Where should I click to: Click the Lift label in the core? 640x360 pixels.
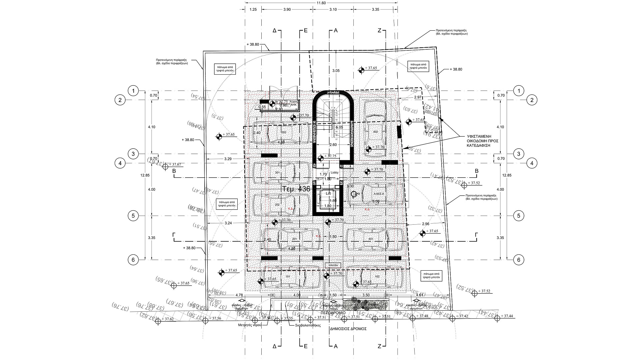point(328,193)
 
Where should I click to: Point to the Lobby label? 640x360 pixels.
point(334,173)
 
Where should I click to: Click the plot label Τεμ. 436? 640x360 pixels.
point(296,189)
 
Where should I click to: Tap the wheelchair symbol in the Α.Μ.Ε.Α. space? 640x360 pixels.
point(354,194)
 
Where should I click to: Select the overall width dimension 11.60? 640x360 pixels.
point(321,3)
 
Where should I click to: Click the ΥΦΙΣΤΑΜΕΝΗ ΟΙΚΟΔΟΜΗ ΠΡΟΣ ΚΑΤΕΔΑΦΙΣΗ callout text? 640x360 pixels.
point(483,141)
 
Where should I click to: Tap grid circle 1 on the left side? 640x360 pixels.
point(133,91)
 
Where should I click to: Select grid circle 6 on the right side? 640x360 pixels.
point(518,260)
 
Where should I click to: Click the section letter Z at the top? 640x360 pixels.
point(379,30)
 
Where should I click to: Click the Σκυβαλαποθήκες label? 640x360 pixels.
point(308,325)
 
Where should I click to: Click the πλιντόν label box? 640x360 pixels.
point(333,265)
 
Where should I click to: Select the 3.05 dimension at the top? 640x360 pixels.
point(336,71)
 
